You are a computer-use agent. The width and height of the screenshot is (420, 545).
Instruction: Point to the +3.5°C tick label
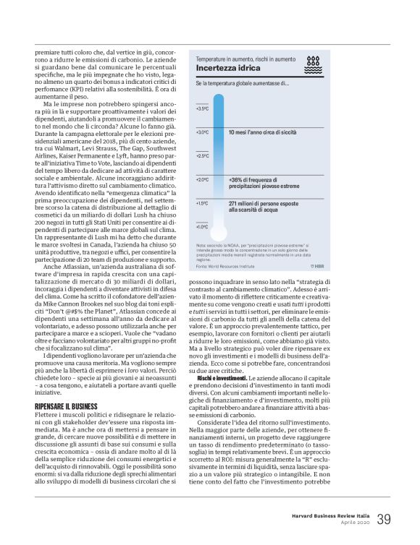pos(202,108)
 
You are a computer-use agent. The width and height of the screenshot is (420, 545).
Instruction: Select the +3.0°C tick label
pos(202,132)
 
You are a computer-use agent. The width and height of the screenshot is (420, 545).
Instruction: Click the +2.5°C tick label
pos(202,155)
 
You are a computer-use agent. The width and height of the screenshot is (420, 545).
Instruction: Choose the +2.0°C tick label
pos(202,179)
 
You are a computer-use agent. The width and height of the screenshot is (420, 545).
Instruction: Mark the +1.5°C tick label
pos(202,203)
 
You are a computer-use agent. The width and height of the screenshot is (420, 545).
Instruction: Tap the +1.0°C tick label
pos(202,226)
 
